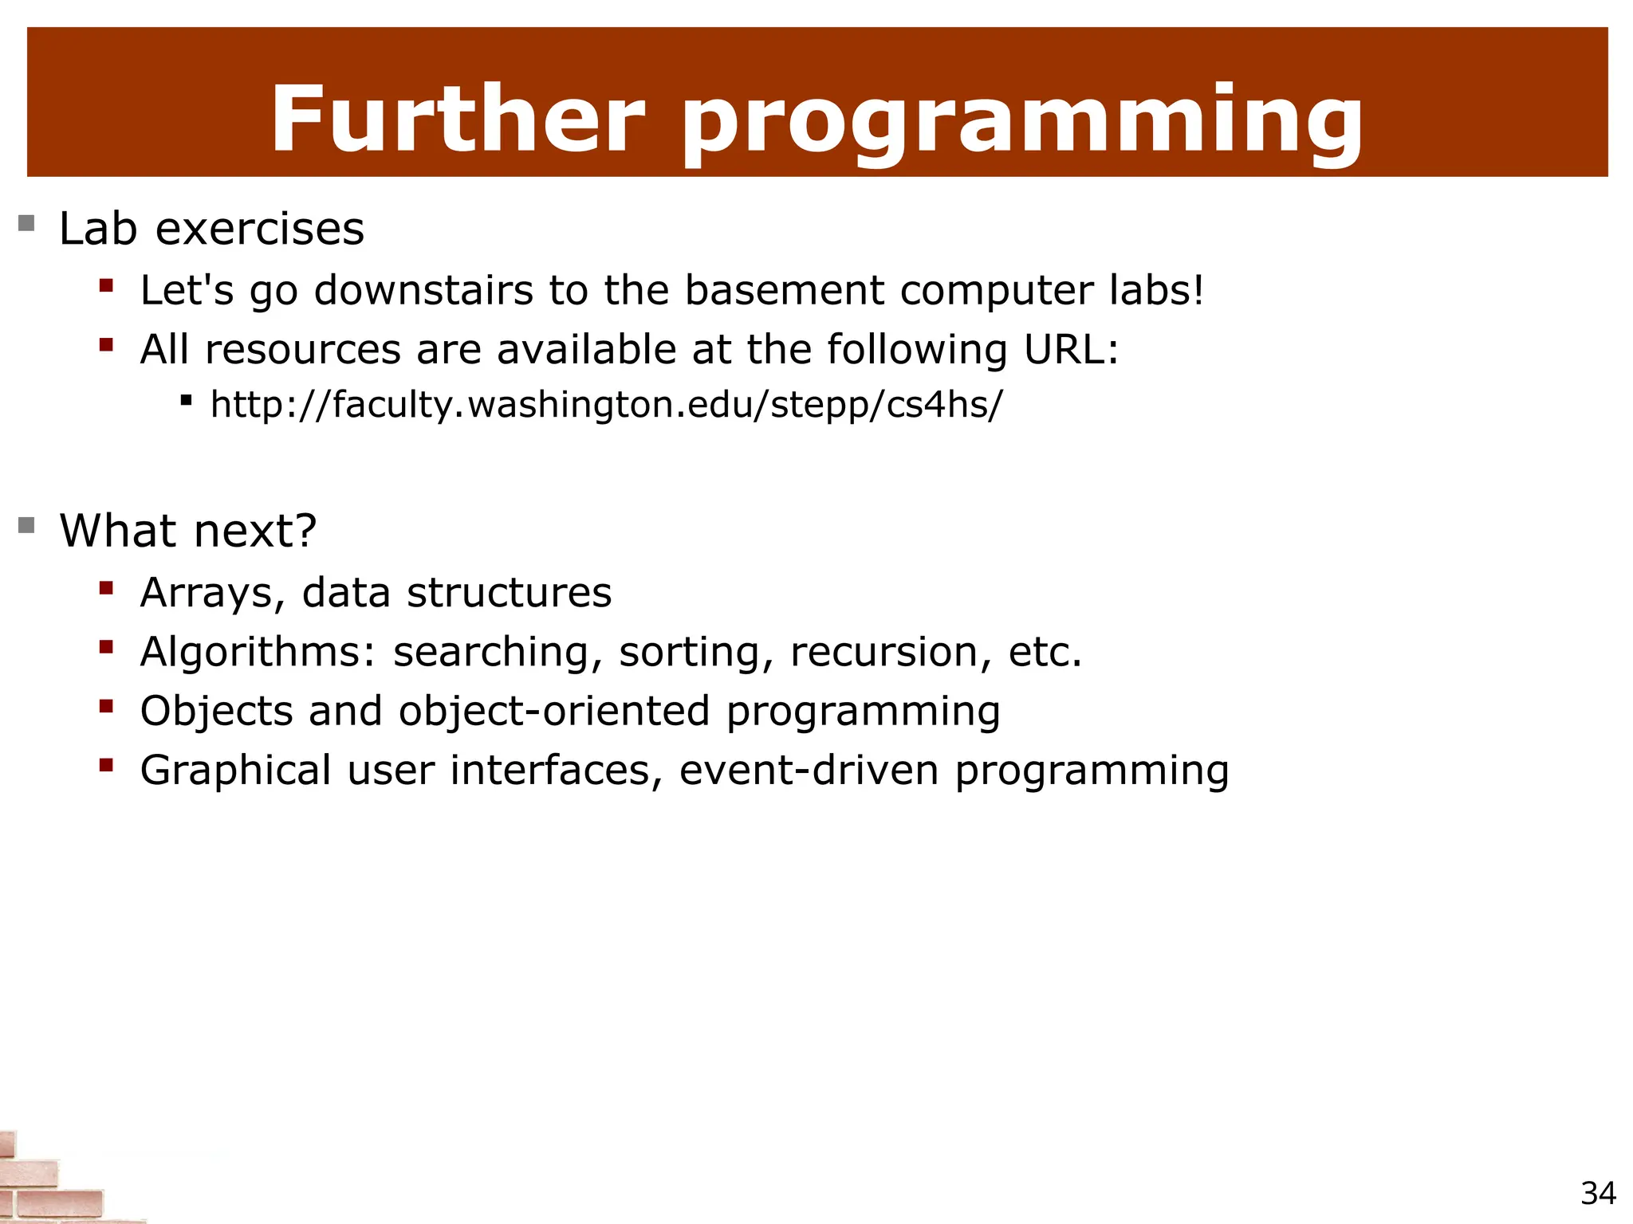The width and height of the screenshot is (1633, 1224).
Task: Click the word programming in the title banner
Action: (x=1021, y=124)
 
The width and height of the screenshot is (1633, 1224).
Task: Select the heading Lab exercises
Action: (x=211, y=229)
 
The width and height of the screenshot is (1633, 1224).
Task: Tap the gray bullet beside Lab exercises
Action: (x=26, y=222)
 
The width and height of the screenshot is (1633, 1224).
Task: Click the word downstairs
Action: (x=423, y=290)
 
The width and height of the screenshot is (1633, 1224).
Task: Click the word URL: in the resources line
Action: (x=1071, y=350)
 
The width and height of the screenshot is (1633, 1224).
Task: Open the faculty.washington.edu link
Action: (x=606, y=405)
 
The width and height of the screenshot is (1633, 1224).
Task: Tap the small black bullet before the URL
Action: (x=186, y=400)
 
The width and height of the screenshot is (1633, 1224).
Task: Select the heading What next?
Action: (x=188, y=532)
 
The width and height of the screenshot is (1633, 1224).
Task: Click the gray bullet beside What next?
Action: (x=26, y=525)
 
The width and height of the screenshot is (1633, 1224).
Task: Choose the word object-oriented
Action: (x=554, y=711)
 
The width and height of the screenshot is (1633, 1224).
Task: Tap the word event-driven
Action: (x=809, y=771)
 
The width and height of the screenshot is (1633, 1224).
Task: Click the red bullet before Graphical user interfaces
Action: (x=106, y=766)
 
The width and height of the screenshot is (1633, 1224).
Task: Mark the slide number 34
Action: (x=1598, y=1194)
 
